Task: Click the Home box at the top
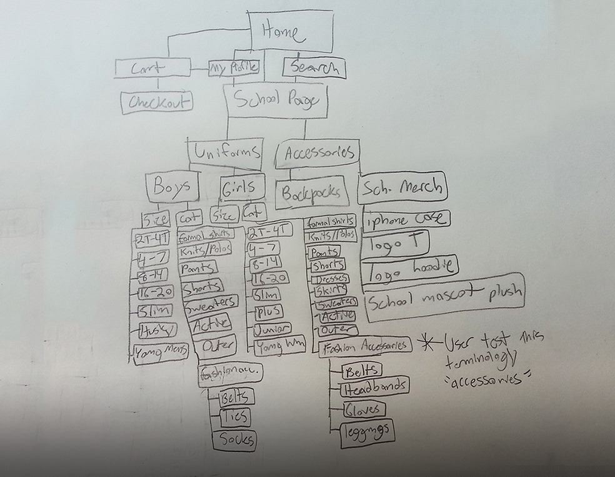coord(291,31)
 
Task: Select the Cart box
coord(152,68)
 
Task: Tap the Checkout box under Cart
coord(156,102)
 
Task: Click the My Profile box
coord(234,68)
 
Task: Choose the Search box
coord(314,67)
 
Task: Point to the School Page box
coord(276,101)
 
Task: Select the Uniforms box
coord(225,153)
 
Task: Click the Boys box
coord(172,186)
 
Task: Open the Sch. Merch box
coord(402,187)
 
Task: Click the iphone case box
coord(406,220)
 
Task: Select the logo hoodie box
coord(411,267)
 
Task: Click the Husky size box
coord(156,329)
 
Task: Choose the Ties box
coord(233,418)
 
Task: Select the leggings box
coord(367,432)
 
